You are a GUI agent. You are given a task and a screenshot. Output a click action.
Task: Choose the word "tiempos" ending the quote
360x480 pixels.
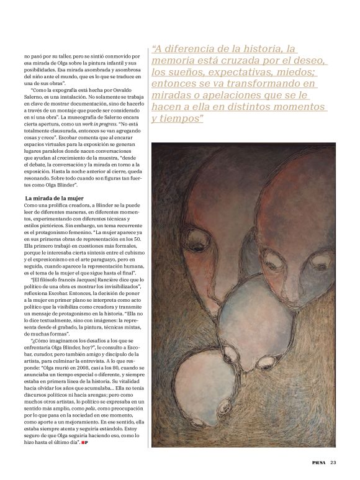pos(186,118)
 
